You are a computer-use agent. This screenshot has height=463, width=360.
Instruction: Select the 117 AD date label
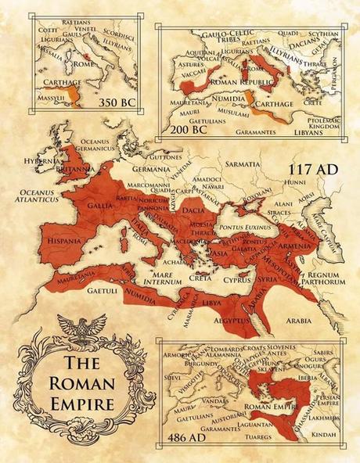click(310, 170)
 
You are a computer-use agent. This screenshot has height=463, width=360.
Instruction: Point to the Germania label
click(152, 169)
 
